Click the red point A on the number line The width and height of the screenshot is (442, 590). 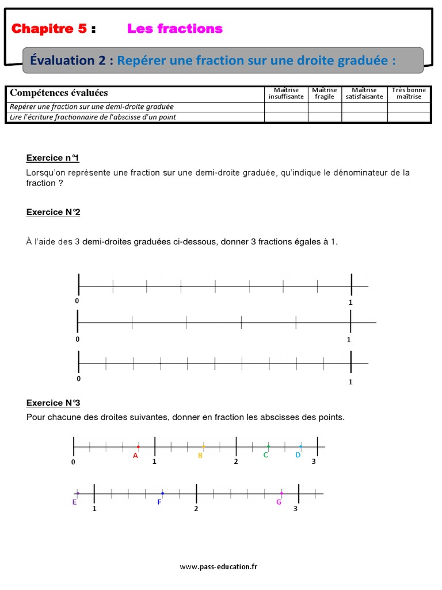click(138, 447)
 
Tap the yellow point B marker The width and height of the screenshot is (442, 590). click(203, 447)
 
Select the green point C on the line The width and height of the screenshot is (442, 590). click(268, 447)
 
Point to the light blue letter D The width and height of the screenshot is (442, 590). click(298, 455)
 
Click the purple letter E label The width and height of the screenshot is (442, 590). click(75, 502)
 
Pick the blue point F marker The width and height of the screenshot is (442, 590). click(162, 493)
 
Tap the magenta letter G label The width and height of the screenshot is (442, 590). click(279, 502)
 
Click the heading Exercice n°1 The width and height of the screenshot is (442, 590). click(53, 158)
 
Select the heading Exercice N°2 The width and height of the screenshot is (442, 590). click(54, 212)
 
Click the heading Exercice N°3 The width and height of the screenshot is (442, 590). click(54, 403)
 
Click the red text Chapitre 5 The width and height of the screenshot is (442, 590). click(49, 29)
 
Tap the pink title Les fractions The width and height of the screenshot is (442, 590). click(174, 28)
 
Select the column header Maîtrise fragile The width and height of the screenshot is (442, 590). click(325, 93)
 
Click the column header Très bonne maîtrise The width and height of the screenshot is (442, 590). click(409, 93)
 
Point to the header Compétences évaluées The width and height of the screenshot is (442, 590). click(59, 93)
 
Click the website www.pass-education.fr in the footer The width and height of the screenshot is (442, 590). click(219, 567)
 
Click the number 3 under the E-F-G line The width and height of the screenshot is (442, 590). click(296, 509)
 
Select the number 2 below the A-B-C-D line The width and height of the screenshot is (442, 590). click(235, 462)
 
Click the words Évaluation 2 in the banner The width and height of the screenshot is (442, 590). click(71, 60)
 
